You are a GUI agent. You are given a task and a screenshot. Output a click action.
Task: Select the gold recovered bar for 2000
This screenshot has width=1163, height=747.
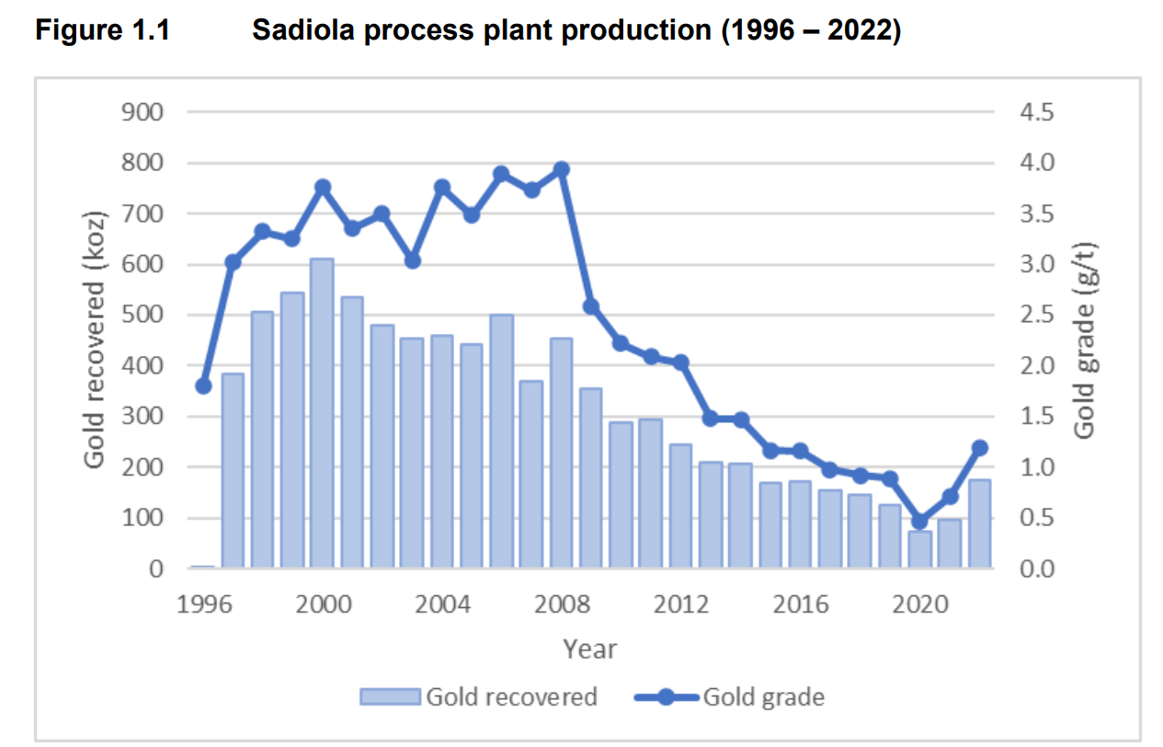pyautogui.click(x=322, y=414)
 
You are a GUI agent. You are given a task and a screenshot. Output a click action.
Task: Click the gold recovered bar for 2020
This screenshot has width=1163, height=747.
pyautogui.click(x=919, y=550)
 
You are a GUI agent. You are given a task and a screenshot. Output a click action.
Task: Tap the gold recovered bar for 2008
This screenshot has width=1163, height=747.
pyautogui.click(x=562, y=454)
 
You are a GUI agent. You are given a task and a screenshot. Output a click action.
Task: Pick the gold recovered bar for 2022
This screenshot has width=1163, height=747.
pyautogui.click(x=979, y=524)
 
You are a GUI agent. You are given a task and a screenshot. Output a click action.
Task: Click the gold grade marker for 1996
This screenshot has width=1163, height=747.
pyautogui.click(x=203, y=385)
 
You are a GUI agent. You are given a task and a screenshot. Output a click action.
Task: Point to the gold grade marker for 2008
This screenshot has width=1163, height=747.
pyautogui.click(x=562, y=169)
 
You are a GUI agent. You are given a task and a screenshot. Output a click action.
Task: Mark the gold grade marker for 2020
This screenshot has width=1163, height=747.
pyautogui.click(x=919, y=521)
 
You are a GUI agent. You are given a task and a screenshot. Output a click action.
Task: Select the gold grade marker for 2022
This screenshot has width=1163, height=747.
pyautogui.click(x=979, y=448)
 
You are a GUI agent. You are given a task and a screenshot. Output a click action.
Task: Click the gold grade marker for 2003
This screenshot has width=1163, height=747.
pyautogui.click(x=412, y=260)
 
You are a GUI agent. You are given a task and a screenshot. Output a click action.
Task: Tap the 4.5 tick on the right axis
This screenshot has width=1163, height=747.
pyautogui.click(x=1037, y=112)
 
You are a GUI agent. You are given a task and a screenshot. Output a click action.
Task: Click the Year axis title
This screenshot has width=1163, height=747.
pyautogui.click(x=589, y=649)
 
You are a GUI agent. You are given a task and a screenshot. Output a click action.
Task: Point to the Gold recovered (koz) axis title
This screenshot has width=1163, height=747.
pyautogui.click(x=96, y=340)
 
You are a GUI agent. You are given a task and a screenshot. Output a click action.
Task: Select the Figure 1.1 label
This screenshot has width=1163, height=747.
pyautogui.click(x=102, y=30)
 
